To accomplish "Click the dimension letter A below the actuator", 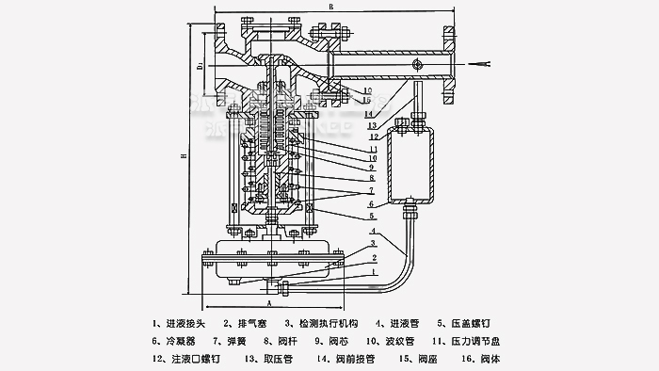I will (x=268, y=304).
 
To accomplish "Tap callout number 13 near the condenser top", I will (x=373, y=125).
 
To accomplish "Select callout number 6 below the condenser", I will (x=373, y=203).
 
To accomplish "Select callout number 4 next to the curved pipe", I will (x=373, y=232).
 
